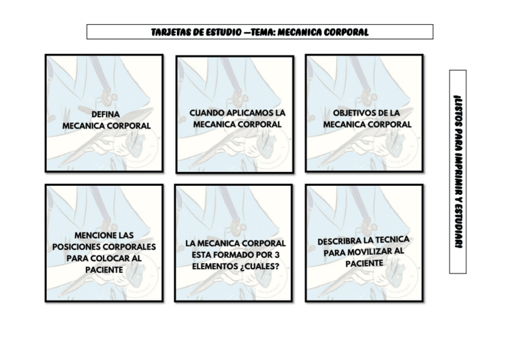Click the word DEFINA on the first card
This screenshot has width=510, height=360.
(106, 114)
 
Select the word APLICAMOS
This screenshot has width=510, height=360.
(250, 112)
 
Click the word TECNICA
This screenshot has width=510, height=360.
(393, 239)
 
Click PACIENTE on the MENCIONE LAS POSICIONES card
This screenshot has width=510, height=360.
(104, 270)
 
